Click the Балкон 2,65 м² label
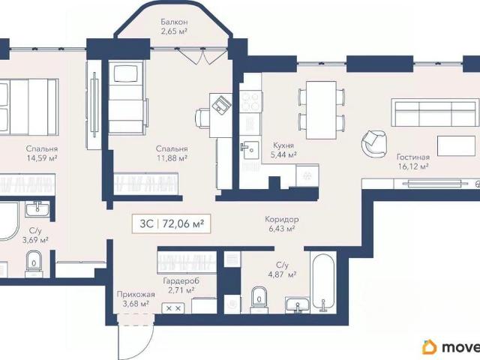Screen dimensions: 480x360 click(174, 26)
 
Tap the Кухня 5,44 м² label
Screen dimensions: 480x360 click(283, 150)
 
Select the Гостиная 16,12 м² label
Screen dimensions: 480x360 click(413, 162)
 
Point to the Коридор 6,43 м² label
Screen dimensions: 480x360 click(282, 223)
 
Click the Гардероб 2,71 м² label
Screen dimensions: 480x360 click(181, 285)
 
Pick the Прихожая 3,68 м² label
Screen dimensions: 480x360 click(136, 298)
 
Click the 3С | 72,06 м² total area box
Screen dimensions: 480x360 click(172, 223)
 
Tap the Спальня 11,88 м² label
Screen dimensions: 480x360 click(172, 153)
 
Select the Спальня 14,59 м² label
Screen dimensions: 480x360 click(42, 153)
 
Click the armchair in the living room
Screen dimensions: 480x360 click(373, 143)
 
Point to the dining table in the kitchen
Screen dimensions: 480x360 click(321, 110)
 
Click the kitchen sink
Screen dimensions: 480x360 click(250, 150)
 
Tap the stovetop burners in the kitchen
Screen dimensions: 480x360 click(250, 102)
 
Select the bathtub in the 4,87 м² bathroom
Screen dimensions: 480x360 click(323, 282)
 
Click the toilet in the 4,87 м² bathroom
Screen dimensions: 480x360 click(259, 300)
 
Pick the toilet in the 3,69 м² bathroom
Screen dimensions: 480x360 click(34, 263)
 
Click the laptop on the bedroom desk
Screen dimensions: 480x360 click(221, 104)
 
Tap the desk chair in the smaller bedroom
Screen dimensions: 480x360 click(202, 118)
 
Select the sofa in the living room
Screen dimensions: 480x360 click(436, 112)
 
